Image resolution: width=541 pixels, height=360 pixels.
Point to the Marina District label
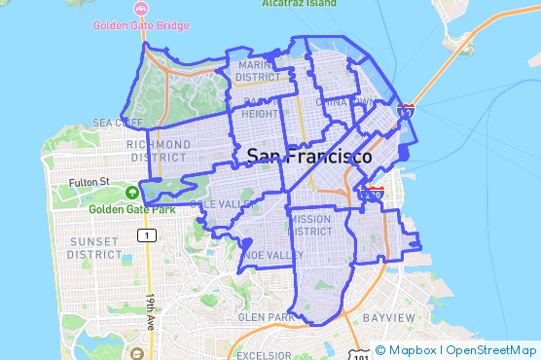point(257,71)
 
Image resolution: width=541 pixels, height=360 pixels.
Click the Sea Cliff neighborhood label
point(117,123)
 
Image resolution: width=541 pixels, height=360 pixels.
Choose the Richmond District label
point(158,151)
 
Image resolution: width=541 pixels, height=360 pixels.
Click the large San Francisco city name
point(308,156)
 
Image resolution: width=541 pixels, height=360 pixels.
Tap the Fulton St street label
point(90,182)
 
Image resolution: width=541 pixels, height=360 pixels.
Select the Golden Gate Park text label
point(131,208)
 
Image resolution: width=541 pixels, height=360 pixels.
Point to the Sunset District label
point(93,248)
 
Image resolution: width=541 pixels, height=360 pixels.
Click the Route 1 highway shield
point(147,235)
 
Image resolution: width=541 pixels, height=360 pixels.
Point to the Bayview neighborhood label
point(388,318)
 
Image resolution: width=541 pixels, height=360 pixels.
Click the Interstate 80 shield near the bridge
point(407,113)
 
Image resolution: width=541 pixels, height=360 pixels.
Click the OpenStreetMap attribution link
point(491,350)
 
